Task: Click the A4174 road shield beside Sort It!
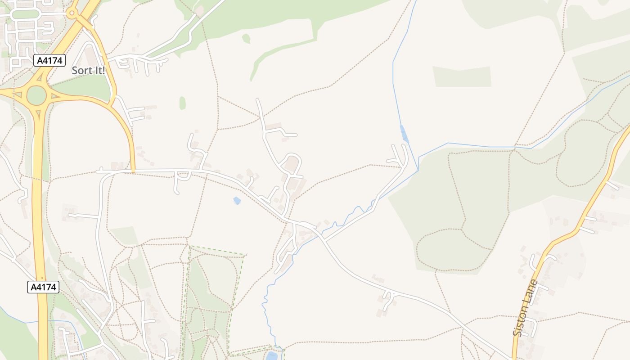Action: tap(49, 60)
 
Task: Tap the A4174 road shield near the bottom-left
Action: tap(43, 287)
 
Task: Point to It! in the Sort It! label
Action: tap(97, 71)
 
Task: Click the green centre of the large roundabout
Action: tap(36, 95)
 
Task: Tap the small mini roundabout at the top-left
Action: tap(71, 13)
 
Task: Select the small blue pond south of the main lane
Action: tap(237, 201)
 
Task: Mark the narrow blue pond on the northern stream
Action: tap(405, 134)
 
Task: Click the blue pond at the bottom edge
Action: tap(272, 356)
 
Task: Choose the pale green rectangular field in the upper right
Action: tap(462, 76)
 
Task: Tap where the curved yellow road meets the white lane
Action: tap(133, 171)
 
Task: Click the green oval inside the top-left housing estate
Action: tap(25, 14)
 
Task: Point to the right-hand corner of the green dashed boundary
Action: tap(244, 255)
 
